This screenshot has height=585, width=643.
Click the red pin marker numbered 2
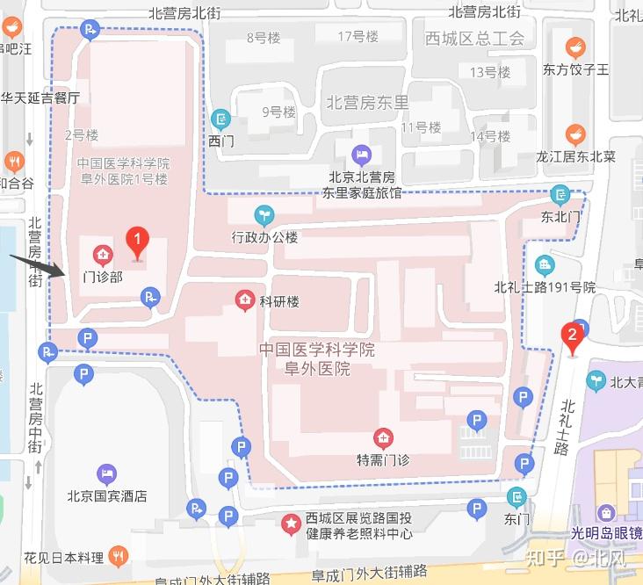pos(573,336)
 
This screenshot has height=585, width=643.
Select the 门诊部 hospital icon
pos(103,256)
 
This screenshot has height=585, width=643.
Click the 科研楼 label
pos(279,301)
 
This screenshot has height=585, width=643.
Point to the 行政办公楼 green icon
pos(263,214)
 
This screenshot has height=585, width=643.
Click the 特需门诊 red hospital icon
pos(382,437)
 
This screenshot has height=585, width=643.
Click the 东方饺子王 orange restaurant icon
pos(575,47)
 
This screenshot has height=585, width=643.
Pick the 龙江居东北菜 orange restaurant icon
pos(575,134)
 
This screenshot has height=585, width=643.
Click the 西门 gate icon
pos(221,118)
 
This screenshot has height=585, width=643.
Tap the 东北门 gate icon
pos(560,194)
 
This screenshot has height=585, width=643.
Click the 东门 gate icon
pos(517,497)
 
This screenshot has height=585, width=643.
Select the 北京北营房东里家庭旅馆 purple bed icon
pos(360,155)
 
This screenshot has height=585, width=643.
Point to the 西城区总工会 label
pos(473,38)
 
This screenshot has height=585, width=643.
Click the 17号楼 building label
pos(358,36)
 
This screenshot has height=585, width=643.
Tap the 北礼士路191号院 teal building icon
pos(545,264)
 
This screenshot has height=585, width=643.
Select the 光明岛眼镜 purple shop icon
pos(606,513)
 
